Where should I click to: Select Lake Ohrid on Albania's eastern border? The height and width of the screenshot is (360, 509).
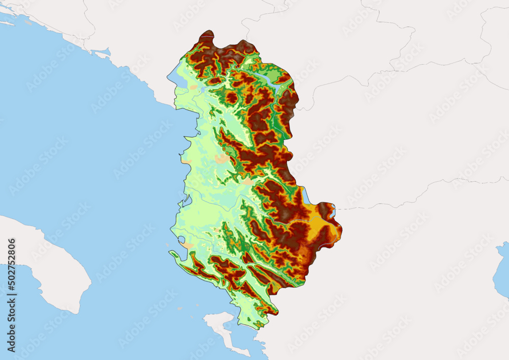(x=305, y=195)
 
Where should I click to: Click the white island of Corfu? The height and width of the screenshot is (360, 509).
(x=223, y=330)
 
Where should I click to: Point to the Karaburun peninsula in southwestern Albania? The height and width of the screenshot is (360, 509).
(x=178, y=257)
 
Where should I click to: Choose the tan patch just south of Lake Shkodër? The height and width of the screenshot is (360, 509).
(x=193, y=88)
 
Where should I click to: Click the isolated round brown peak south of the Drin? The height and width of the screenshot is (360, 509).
(x=232, y=97)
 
